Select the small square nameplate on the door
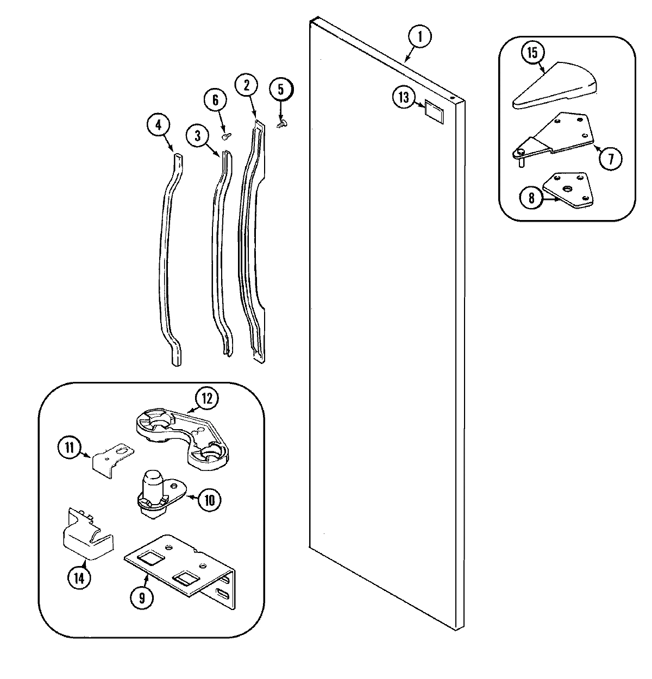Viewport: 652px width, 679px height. click(434, 110)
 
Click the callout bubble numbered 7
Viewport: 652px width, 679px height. click(611, 159)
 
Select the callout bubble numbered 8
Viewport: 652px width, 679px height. click(531, 198)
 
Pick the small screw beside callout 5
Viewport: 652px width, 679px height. click(281, 124)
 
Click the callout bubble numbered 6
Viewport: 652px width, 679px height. click(215, 100)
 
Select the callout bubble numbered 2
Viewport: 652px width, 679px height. click(246, 85)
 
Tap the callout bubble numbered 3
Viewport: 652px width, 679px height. click(197, 135)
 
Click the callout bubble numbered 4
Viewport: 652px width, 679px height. click(158, 125)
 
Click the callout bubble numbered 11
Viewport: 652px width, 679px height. click(69, 448)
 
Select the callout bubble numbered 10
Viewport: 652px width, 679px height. click(210, 500)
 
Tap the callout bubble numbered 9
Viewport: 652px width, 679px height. click(142, 598)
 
